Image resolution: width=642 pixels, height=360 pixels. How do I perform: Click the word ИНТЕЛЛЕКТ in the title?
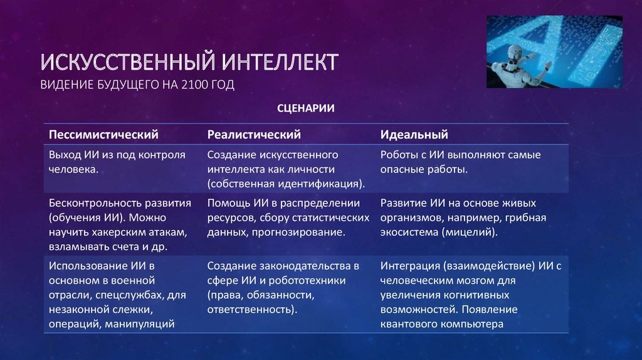point(280,62)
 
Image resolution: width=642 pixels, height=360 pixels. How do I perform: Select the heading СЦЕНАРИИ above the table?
point(306,108)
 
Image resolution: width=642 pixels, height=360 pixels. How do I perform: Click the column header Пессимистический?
point(103,134)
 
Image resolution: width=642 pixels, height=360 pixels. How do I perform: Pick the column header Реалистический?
point(254,134)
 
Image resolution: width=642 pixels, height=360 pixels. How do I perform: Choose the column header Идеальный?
point(414,134)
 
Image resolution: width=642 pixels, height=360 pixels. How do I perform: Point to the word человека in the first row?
point(72,169)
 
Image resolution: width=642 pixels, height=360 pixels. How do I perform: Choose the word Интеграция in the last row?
point(409,266)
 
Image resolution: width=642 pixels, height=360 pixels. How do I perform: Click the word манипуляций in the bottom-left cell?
point(140,324)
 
